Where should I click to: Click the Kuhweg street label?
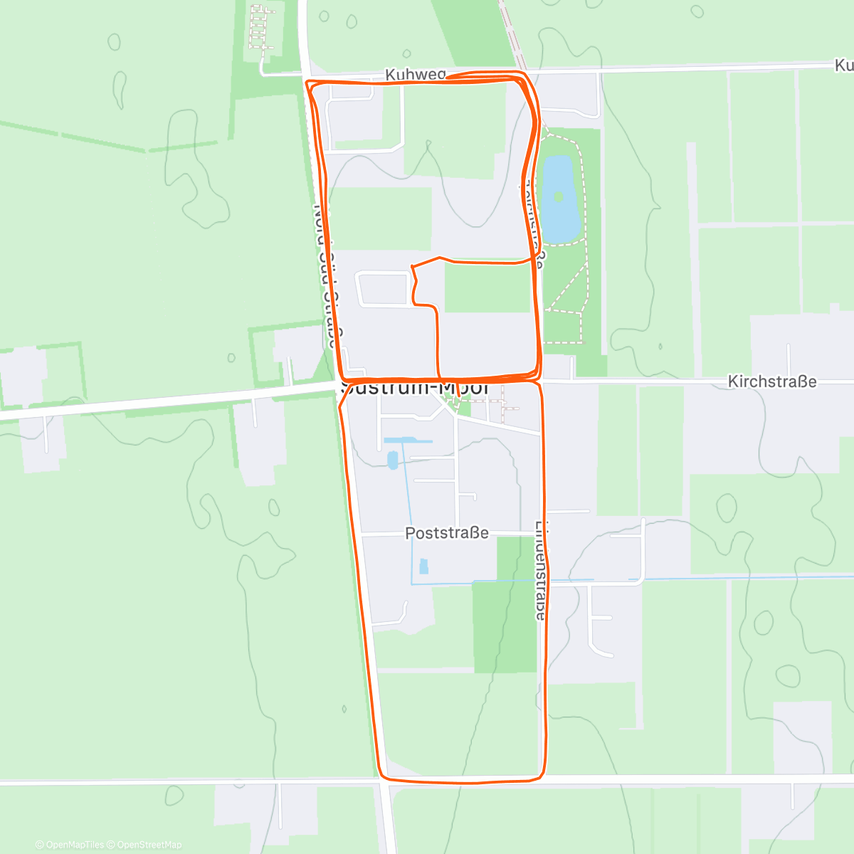pyautogui.click(x=415, y=74)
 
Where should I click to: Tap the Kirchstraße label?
pyautogui.click(x=771, y=382)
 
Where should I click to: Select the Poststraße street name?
pyautogui.click(x=447, y=533)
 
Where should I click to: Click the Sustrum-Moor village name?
pyautogui.click(x=415, y=389)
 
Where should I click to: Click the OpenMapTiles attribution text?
pyautogui.click(x=70, y=845)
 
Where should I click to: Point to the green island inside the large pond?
pyautogui.click(x=559, y=196)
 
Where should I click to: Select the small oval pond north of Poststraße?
pyautogui.click(x=392, y=460)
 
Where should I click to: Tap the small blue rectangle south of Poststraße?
pyautogui.click(x=424, y=566)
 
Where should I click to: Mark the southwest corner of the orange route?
pyautogui.click(x=382, y=776)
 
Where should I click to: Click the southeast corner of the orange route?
pyautogui.click(x=542, y=774)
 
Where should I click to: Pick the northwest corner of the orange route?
pyautogui.click(x=309, y=84)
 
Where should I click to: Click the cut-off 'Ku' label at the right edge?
pyautogui.click(x=843, y=65)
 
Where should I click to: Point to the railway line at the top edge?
pyautogui.click(x=511, y=32)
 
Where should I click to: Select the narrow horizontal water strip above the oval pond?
pyautogui.click(x=408, y=441)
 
